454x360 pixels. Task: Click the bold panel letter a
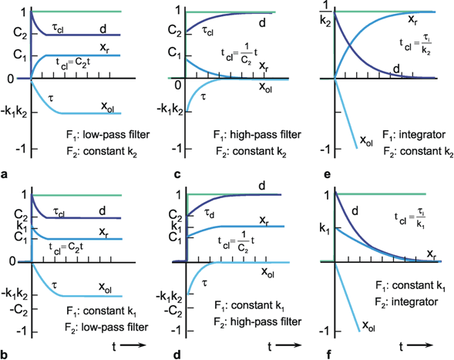pyautogui.click(x=5, y=175)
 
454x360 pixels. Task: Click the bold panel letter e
pyautogui.click(x=328, y=175)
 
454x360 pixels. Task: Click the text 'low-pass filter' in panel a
pyautogui.click(x=116, y=135)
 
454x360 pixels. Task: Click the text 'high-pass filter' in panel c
pyautogui.click(x=265, y=135)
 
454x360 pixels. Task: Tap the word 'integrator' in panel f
pyautogui.click(x=415, y=302)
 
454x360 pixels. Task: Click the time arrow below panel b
pyautogui.click(x=133, y=345)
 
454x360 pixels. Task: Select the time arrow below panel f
pyautogui.click(x=421, y=345)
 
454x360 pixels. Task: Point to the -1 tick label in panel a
pyautogui.click(x=23, y=149)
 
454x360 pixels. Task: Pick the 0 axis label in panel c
pyautogui.click(x=178, y=86)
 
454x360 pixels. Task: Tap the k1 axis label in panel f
pyautogui.click(x=325, y=229)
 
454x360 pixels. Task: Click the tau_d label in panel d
pyautogui.click(x=210, y=214)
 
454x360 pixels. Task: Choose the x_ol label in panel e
pyautogui.click(x=366, y=140)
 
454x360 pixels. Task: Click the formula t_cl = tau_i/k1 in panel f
pyautogui.click(x=410, y=219)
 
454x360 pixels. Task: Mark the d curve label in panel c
pyautogui.click(x=262, y=23)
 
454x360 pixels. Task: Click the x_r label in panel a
pyautogui.click(x=105, y=47)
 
